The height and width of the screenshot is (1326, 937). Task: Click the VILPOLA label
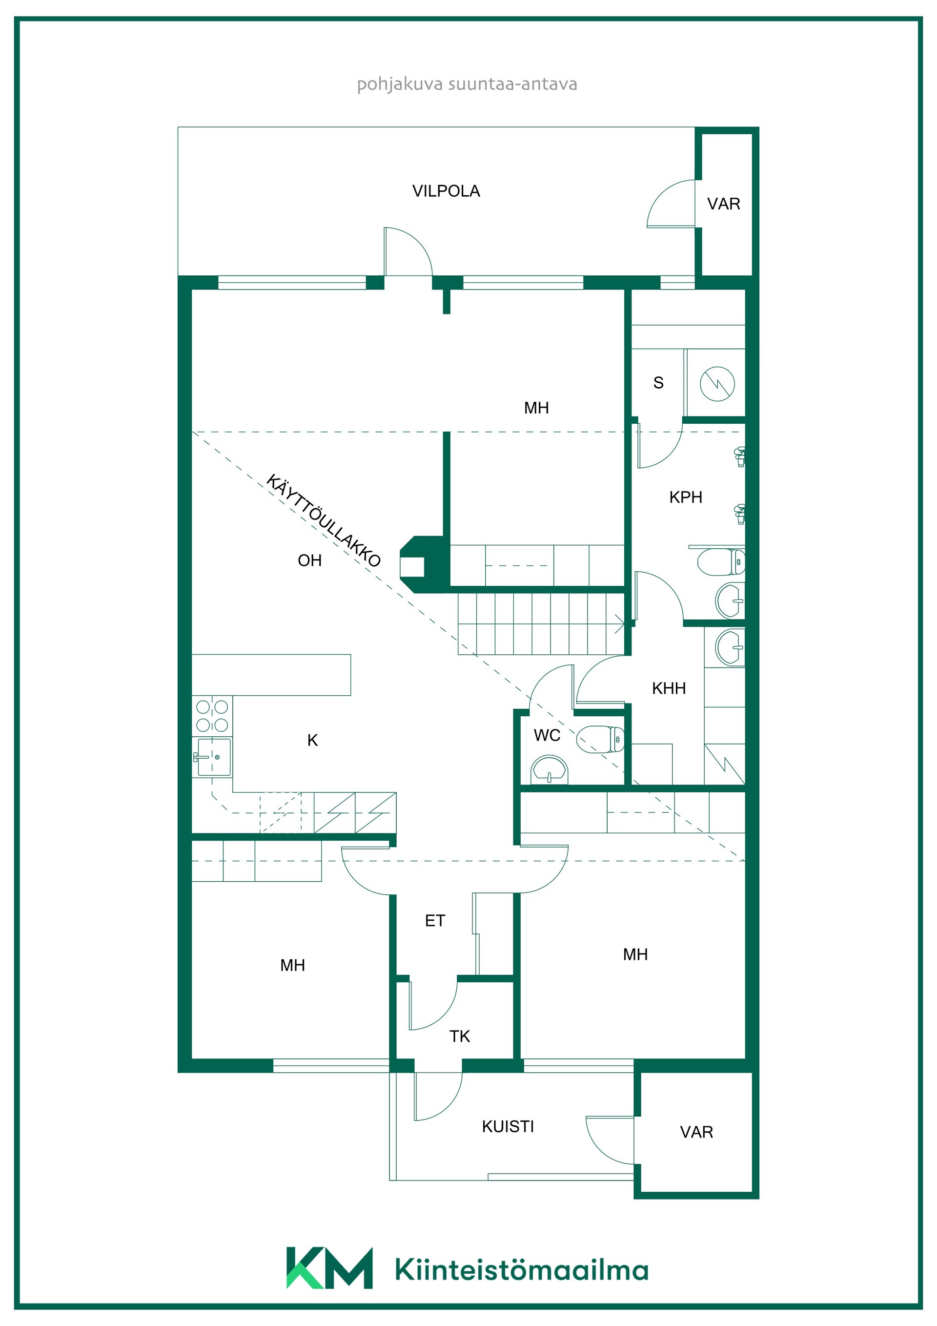(x=446, y=191)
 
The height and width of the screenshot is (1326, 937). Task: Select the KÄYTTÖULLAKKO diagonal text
(x=323, y=520)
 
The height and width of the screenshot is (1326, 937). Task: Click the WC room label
(x=547, y=735)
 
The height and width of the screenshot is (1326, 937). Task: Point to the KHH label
(x=669, y=688)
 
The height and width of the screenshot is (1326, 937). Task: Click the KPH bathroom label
(x=685, y=497)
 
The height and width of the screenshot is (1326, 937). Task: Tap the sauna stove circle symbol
(x=717, y=383)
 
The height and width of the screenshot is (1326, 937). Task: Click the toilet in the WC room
(x=600, y=740)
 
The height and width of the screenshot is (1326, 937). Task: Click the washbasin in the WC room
(x=550, y=770)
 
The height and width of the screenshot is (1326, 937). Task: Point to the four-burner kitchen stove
(x=212, y=716)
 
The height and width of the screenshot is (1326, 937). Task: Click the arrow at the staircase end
(x=619, y=624)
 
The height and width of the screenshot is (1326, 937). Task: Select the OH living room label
(x=309, y=560)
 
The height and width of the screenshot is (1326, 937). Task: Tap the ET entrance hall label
(x=435, y=921)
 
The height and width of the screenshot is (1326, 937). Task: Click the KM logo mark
(x=329, y=1268)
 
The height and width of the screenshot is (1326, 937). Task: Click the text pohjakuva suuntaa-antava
(x=467, y=84)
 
